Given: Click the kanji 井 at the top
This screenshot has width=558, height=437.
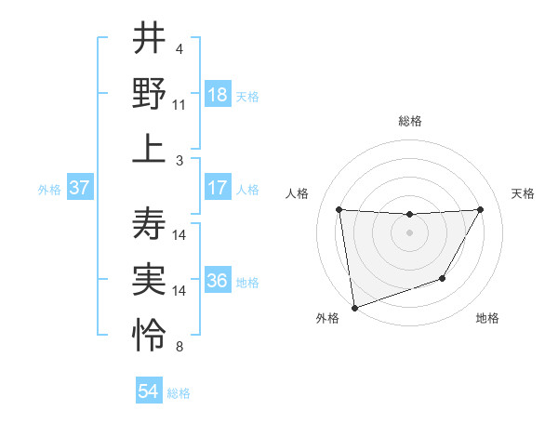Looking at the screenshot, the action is tap(149, 40).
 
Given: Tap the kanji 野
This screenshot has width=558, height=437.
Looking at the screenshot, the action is tap(149, 94).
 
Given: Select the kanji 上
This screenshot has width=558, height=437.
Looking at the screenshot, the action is tap(149, 149).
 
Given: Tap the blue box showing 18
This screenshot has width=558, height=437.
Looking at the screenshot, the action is tap(218, 95).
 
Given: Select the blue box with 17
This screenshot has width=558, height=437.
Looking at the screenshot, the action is tap(218, 189).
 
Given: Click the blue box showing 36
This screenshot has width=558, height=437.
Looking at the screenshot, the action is tap(218, 282).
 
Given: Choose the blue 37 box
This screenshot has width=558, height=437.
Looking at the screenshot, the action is tap(79, 189).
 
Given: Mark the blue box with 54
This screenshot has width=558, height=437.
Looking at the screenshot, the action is tap(149, 391).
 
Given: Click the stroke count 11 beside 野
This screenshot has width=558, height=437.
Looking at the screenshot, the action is tap(179, 105).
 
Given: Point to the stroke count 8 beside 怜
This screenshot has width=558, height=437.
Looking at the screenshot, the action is tap(179, 347).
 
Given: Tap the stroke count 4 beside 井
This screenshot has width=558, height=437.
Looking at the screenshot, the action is tap(179, 48).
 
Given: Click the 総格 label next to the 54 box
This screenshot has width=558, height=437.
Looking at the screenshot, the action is tap(179, 393).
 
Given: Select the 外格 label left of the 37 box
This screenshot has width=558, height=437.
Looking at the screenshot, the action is tap(49, 190).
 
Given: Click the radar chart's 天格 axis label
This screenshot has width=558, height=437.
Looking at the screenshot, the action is tap(524, 193).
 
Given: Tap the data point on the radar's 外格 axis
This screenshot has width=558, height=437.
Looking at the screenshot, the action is tap(354, 307).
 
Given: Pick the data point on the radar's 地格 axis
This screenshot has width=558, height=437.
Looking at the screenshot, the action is tap(443, 278).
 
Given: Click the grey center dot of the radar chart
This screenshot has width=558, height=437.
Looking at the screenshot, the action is tap(409, 232).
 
